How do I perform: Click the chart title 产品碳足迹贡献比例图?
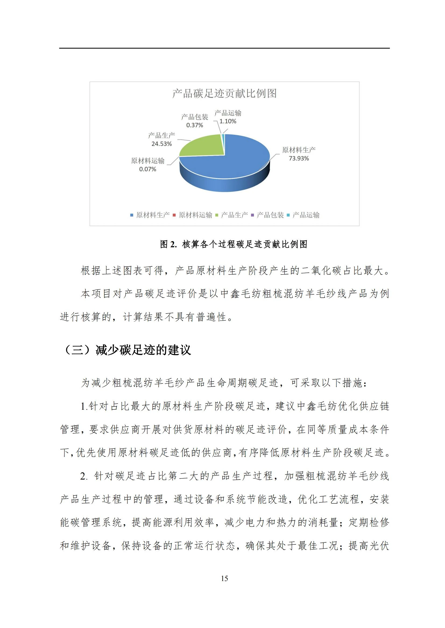pos(224,93)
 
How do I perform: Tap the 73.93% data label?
pos(298,158)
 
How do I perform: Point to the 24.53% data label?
pos(161,144)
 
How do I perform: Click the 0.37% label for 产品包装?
pos(195,125)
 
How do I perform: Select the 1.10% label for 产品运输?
pos(228,121)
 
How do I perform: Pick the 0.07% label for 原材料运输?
pos(147,169)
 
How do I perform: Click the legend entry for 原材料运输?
pos(195,215)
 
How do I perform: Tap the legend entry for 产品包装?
pos(270,215)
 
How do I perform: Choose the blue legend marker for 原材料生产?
pos(132,215)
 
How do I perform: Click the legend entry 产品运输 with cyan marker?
pos(306,215)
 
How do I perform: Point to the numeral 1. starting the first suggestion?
pos(84,406)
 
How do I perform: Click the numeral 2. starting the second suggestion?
pos(84,476)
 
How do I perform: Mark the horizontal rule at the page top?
pos(224,48)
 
